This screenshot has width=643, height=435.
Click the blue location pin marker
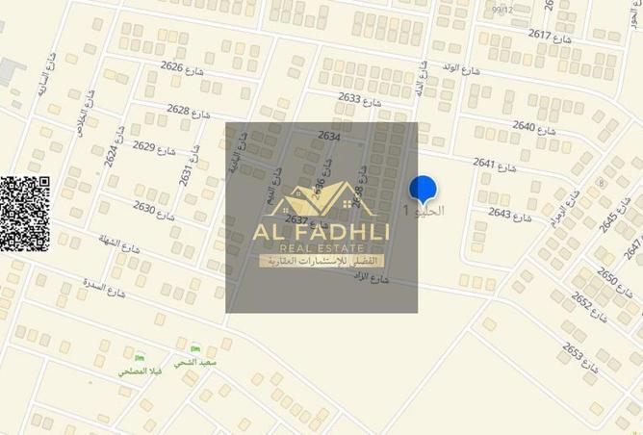click(423, 191)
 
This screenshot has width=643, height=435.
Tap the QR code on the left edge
click(24, 214)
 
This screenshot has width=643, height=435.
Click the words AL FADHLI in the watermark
click(321, 233)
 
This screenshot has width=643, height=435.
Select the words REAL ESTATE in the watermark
click(321, 249)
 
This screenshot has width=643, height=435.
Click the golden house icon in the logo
click(322, 200)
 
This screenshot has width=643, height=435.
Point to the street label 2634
click(328, 137)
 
